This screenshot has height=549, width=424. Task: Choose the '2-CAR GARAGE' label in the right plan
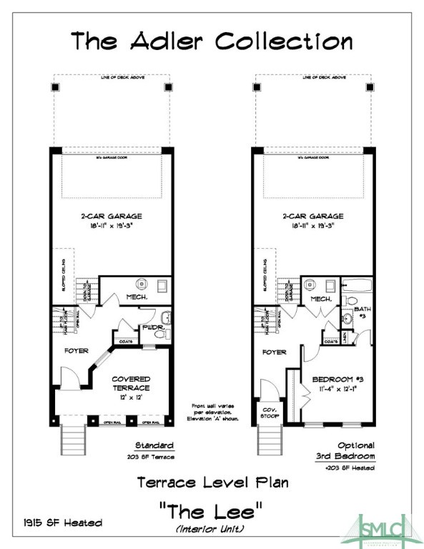(312, 216)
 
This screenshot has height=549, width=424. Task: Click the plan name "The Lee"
(212, 511)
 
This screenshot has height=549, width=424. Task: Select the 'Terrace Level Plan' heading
(212, 483)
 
